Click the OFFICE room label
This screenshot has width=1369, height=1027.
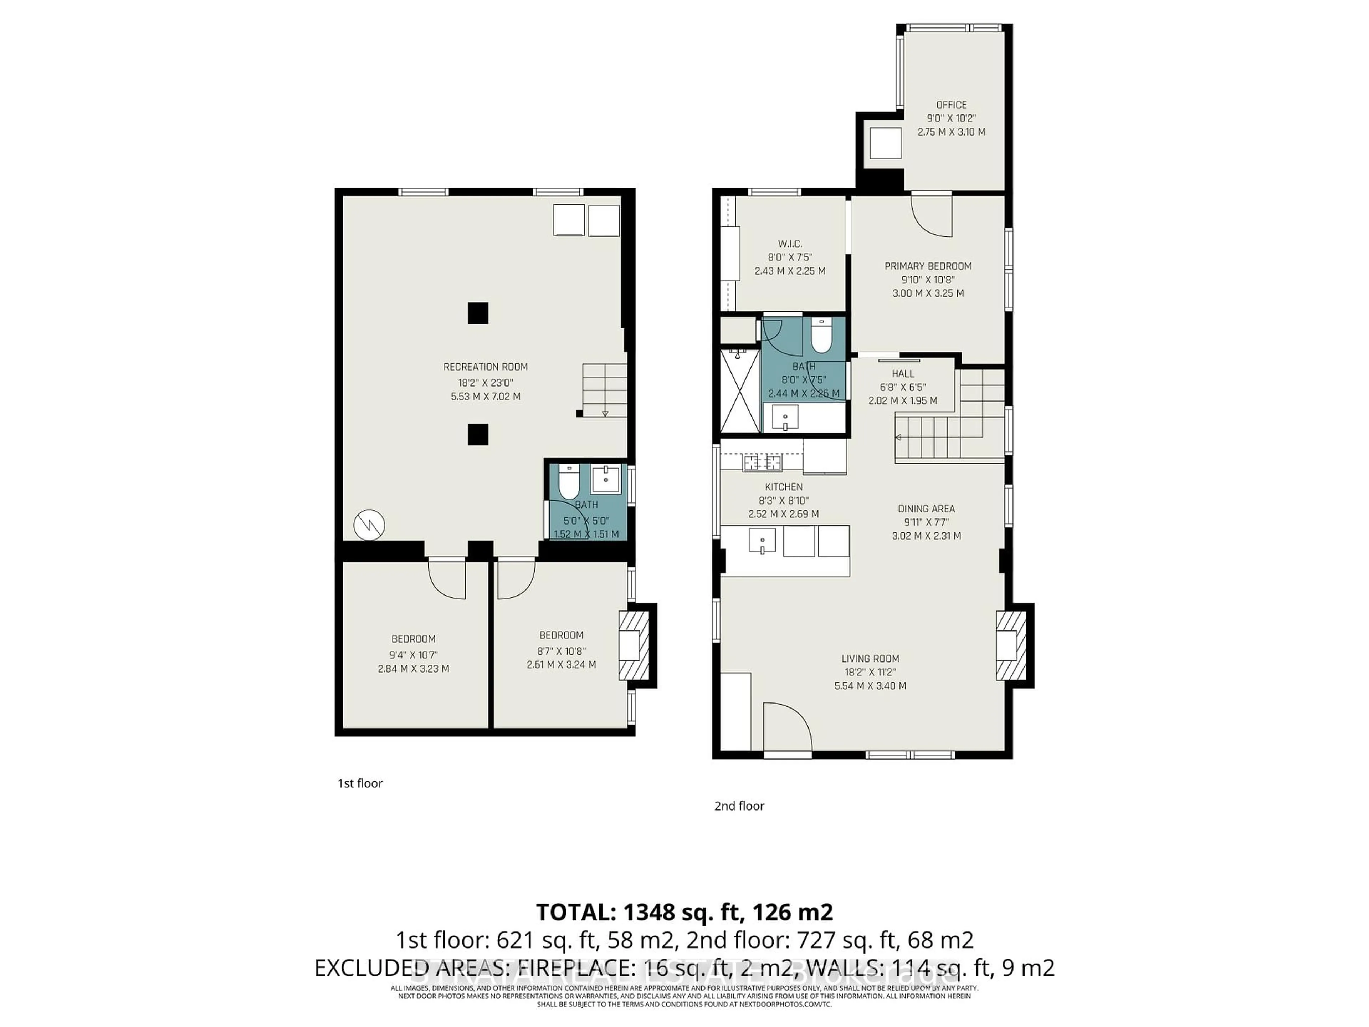coord(951,104)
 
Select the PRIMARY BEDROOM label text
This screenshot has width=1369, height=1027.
coord(928,266)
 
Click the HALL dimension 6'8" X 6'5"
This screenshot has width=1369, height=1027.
coord(903,387)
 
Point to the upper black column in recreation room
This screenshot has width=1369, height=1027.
coord(478,313)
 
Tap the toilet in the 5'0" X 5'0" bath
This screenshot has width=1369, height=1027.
coord(568,482)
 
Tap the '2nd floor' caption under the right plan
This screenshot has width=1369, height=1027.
coord(739,806)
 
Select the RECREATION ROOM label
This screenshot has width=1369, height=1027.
coord(485,367)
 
